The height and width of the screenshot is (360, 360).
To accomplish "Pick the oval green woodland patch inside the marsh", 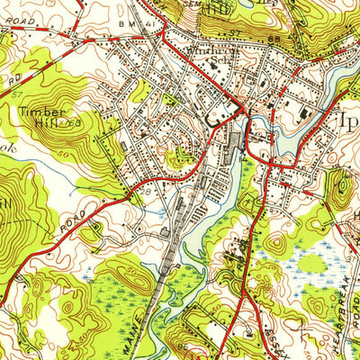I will (310, 263).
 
